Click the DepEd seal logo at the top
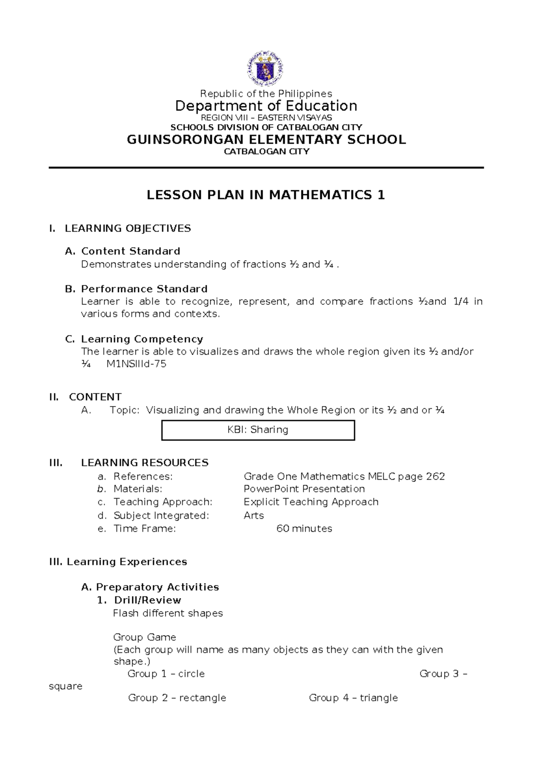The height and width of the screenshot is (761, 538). [265, 69]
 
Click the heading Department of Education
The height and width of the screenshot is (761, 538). [266, 106]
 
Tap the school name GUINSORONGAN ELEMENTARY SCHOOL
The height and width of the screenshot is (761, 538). [266, 140]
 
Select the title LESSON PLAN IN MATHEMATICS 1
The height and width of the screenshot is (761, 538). [266, 195]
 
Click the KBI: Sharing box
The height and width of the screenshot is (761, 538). [258, 430]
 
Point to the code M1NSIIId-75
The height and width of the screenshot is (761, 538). [136, 364]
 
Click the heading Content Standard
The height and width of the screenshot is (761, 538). [130, 251]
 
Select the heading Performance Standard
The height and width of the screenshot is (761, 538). [144, 289]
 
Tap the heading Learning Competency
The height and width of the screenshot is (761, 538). [142, 339]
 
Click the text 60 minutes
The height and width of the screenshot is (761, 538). [304, 529]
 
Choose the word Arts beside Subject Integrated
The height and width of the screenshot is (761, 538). [254, 516]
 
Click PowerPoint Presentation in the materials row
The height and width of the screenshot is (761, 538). [304, 489]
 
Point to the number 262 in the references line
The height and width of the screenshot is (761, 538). [435, 476]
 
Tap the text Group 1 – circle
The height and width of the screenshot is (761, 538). [166, 674]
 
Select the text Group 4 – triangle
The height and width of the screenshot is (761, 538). [353, 698]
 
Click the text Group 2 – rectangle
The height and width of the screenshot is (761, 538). [177, 698]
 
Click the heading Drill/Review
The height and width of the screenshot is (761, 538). [148, 600]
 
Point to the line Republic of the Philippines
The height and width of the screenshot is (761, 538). [266, 93]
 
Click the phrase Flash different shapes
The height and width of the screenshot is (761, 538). [168, 613]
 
